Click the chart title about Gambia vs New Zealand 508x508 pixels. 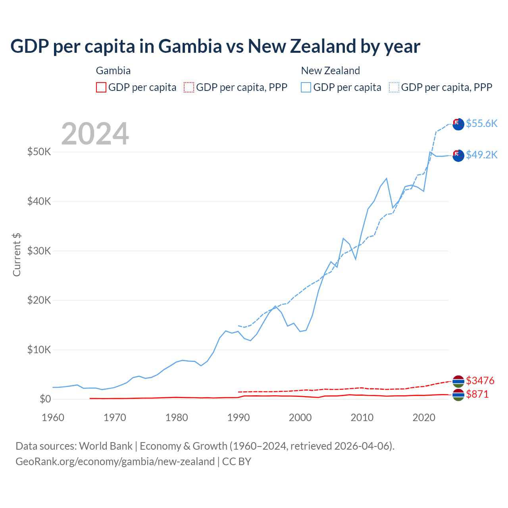coord(215,46)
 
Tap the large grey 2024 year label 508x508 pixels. coord(95,134)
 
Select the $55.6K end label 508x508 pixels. coord(481,123)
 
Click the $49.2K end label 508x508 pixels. coord(481,155)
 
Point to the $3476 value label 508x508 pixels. coord(480,381)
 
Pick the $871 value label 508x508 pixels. coord(477,394)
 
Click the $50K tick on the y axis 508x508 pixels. coord(39,152)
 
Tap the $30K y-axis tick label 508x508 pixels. coord(39,251)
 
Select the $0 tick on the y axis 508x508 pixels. coord(45,399)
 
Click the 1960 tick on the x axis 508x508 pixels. coord(53,418)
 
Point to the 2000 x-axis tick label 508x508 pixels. coord(300,418)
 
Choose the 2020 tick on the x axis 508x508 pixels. coord(424,418)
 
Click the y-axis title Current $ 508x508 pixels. coord(17,254)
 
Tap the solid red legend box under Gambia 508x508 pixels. coord(101,87)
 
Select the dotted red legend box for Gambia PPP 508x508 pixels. coord(189,87)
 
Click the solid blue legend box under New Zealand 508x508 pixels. coord(306,87)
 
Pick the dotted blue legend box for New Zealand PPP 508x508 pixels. coord(394,87)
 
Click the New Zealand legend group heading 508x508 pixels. coord(330,71)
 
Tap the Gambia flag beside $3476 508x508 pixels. coord(458,381)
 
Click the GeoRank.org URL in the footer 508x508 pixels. coord(115,462)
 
